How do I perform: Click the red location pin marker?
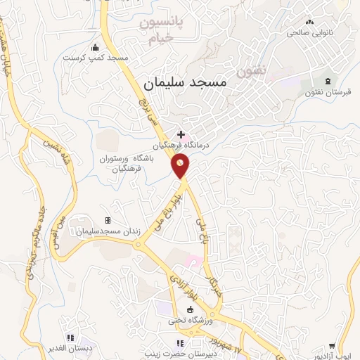click(180, 165)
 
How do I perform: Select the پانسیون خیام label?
click(160, 30)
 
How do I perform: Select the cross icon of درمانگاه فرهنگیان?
click(181, 134)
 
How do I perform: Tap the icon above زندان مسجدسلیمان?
click(108, 221)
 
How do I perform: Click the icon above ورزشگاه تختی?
click(189, 310)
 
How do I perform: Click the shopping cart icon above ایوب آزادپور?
click(332, 346)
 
